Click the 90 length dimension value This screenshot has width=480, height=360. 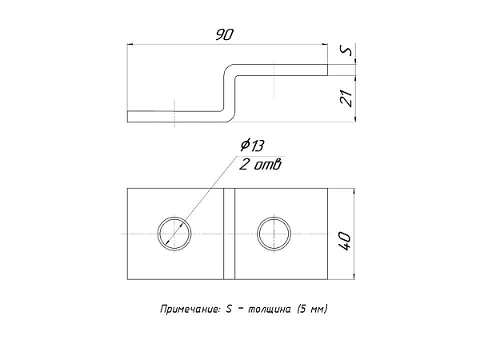tap(224, 34)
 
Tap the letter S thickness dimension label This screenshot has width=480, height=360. tap(347, 50)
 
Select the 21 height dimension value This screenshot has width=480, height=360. tap(347, 98)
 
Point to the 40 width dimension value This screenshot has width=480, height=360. tap(345, 242)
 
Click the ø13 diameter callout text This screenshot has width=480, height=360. tap(252, 146)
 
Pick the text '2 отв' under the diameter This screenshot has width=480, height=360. tap(260, 166)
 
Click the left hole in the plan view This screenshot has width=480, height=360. tap(174, 234)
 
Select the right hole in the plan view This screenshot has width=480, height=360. tap(274, 234)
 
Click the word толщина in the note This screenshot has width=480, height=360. tap(270, 310)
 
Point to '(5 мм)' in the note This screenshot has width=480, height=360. tap(313, 309)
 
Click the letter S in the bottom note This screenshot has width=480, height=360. tap(229, 309)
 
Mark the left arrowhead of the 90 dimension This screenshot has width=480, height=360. tap(130, 45)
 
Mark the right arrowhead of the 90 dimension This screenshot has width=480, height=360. tap(325, 45)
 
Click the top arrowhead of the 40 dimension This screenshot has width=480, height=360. tap(354, 192)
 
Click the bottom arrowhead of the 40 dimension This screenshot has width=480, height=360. tap(354, 276)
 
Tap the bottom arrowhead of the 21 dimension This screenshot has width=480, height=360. tap(355, 118)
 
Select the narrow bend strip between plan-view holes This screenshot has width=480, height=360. tap(230, 234)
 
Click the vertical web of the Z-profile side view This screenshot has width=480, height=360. tap(230, 94)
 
